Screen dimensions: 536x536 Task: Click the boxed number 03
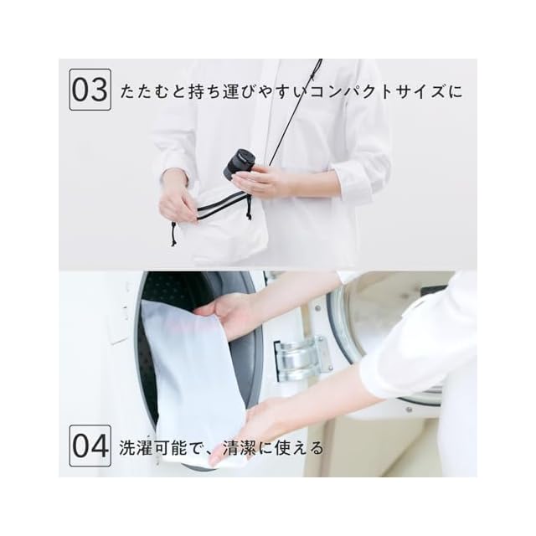[x=90, y=90]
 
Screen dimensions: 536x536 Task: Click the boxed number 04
[x=90, y=446]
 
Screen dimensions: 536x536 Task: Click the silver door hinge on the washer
[x=303, y=358]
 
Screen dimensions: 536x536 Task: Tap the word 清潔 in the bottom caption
[x=239, y=448]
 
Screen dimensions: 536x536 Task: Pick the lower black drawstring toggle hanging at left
[x=174, y=234]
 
